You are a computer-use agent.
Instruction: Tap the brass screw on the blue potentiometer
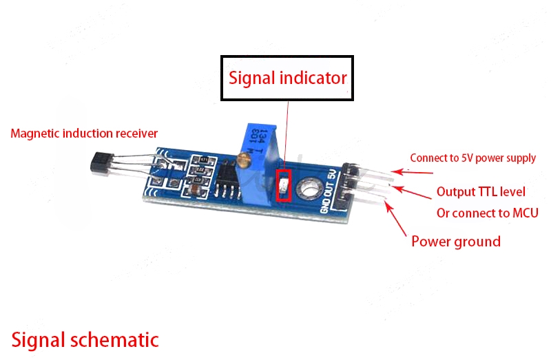[x=242, y=160]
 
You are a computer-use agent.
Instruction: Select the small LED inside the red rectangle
[x=282, y=184]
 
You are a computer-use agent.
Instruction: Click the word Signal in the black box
[x=252, y=78]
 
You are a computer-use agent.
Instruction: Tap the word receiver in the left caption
[x=136, y=133]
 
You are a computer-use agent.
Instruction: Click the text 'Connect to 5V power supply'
[x=472, y=158]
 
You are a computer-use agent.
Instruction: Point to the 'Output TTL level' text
[x=481, y=191]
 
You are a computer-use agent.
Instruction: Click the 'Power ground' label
[x=455, y=241]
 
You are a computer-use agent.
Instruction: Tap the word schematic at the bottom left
[x=116, y=339]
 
